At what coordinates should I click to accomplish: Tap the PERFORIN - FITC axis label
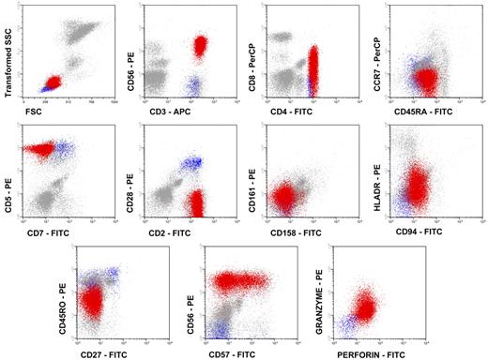[366, 351]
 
